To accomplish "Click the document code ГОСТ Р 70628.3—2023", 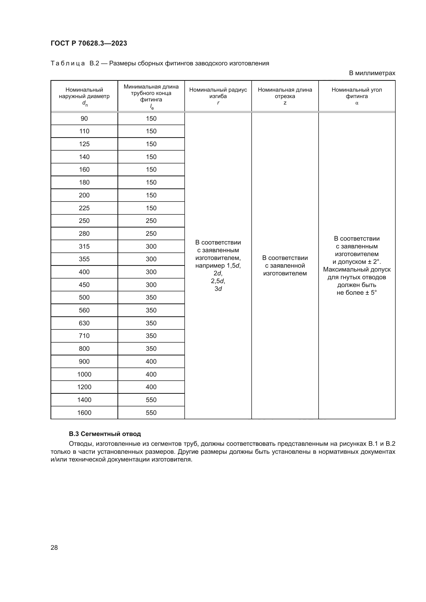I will pyautogui.click(x=89, y=43).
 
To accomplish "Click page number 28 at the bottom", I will pyautogui.click(x=54, y=547).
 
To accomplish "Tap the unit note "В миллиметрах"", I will pyautogui.click(x=372, y=73).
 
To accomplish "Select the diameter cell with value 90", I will pyautogui.click(x=84, y=118).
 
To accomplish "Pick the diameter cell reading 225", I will pyautogui.click(x=84, y=208).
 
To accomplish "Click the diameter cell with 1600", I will pyautogui.click(x=84, y=413).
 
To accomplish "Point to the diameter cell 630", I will pyautogui.click(x=84, y=323).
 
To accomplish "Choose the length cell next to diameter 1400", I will pyautogui.click(x=151, y=400).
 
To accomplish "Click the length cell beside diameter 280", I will pyautogui.click(x=151, y=233).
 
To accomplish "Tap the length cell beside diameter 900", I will pyautogui.click(x=151, y=361).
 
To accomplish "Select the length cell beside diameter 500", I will pyautogui.click(x=151, y=297).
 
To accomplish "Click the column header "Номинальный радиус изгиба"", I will pyautogui.click(x=218, y=93).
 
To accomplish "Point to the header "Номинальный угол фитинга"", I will pyautogui.click(x=356, y=93).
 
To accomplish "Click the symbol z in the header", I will pyautogui.click(x=285, y=103).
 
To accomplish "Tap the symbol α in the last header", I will pyautogui.click(x=357, y=103).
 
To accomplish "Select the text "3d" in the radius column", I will pyautogui.click(x=218, y=289).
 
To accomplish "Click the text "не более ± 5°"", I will pyautogui.click(x=356, y=293).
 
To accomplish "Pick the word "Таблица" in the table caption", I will pyautogui.click(x=67, y=64).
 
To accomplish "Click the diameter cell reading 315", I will pyautogui.click(x=84, y=246).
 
